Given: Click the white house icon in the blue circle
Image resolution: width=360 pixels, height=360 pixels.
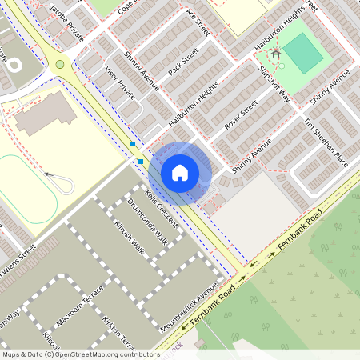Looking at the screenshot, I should coord(180,173).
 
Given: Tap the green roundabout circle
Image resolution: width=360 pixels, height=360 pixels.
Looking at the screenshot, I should coord(59,64).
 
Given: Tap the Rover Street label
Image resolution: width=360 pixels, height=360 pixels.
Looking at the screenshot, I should coord(241,115).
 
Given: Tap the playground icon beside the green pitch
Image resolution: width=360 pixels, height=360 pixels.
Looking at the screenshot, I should coord(276,54).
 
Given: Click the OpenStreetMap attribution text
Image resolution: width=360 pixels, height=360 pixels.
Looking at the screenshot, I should coord(80,354).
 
